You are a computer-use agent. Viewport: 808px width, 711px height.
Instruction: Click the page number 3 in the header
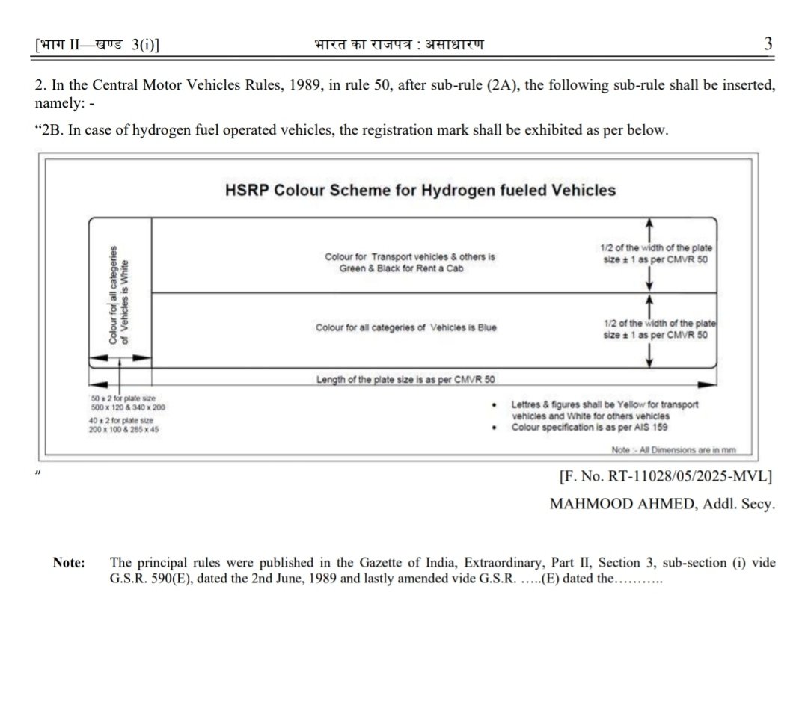pyautogui.click(x=768, y=43)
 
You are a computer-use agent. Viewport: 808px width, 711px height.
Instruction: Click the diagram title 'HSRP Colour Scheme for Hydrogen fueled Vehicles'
pyautogui.click(x=420, y=190)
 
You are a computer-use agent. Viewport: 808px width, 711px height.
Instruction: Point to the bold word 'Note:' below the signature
pyautogui.click(x=68, y=563)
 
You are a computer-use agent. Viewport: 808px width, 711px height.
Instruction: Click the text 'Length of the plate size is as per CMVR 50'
pyautogui.click(x=405, y=379)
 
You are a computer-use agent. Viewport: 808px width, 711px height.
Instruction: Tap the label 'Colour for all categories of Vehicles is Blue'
pyautogui.click(x=405, y=328)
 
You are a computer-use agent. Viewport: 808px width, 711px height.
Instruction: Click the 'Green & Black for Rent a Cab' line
pyautogui.click(x=401, y=268)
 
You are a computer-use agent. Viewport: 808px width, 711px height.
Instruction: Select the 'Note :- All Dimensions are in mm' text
pyautogui.click(x=674, y=450)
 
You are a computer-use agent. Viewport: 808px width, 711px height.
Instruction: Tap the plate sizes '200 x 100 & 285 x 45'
pyautogui.click(x=124, y=430)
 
